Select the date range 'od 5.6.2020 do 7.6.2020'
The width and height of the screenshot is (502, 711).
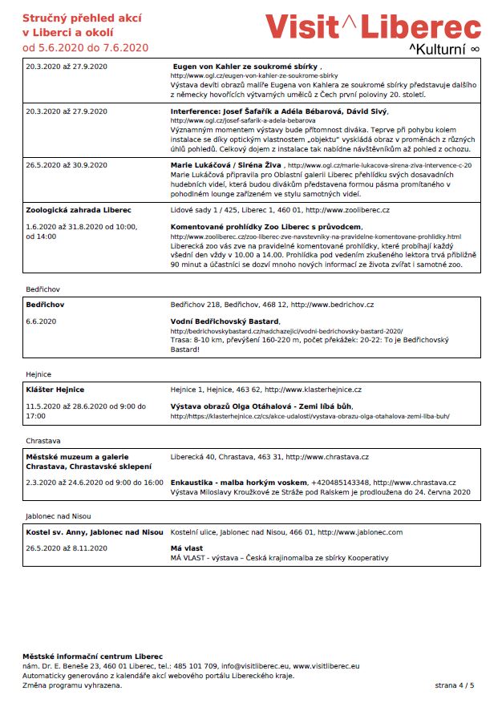[x=86, y=47]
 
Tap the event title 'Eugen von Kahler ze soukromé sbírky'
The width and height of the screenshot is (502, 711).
[x=246, y=67]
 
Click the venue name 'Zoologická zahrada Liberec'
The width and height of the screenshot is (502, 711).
[x=79, y=209]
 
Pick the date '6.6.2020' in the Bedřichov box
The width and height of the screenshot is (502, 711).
[x=41, y=321]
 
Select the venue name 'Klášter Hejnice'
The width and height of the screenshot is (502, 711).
[x=55, y=390]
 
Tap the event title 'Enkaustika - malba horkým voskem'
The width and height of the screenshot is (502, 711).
[x=239, y=482]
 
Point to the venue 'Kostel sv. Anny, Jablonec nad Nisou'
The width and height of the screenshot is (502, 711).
[x=95, y=531]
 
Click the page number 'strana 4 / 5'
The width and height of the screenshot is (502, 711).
[x=455, y=685]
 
